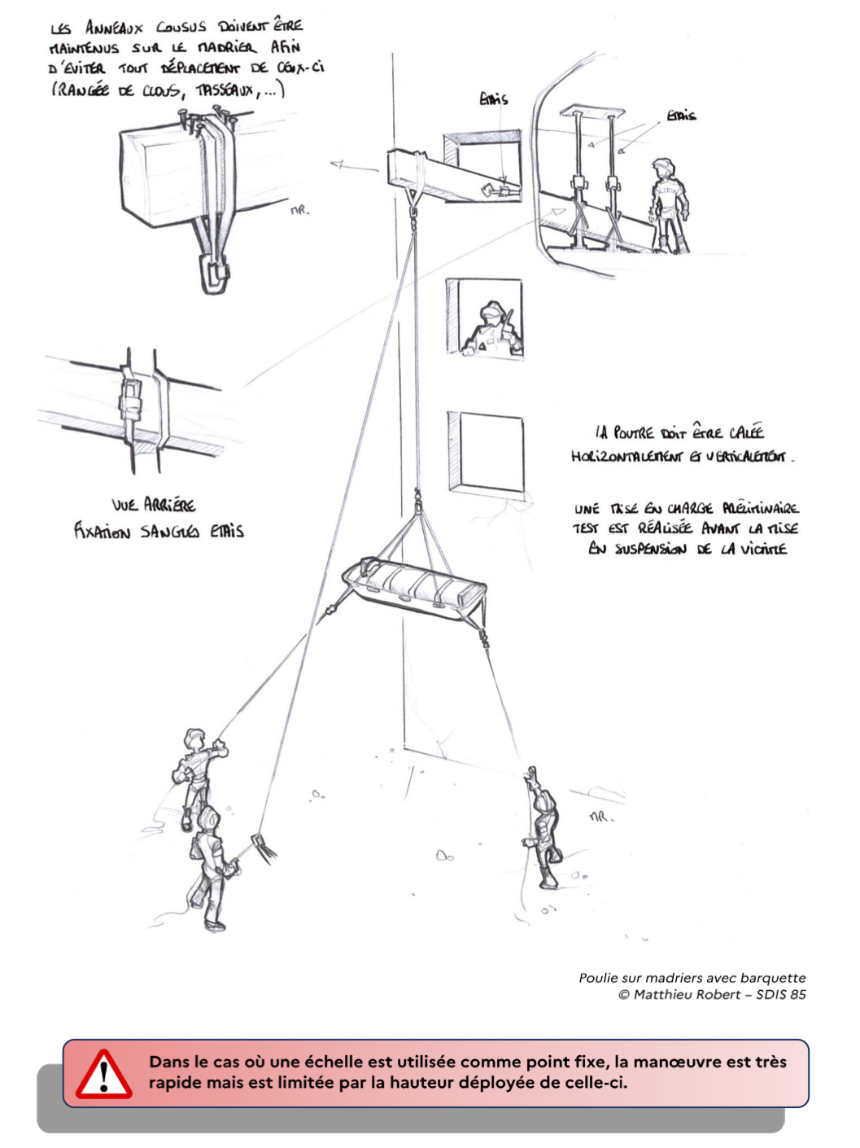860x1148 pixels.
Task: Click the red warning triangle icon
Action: [103, 1076]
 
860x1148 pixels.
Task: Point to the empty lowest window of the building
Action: [486, 453]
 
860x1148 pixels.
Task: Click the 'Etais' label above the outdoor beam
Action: [493, 99]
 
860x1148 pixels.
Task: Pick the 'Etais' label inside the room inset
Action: [681, 116]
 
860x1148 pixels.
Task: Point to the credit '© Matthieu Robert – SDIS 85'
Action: [712, 994]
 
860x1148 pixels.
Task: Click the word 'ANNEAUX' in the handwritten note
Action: [114, 28]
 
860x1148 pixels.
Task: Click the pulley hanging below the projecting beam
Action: [413, 215]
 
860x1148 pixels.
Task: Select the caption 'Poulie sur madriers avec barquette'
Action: [692, 978]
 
